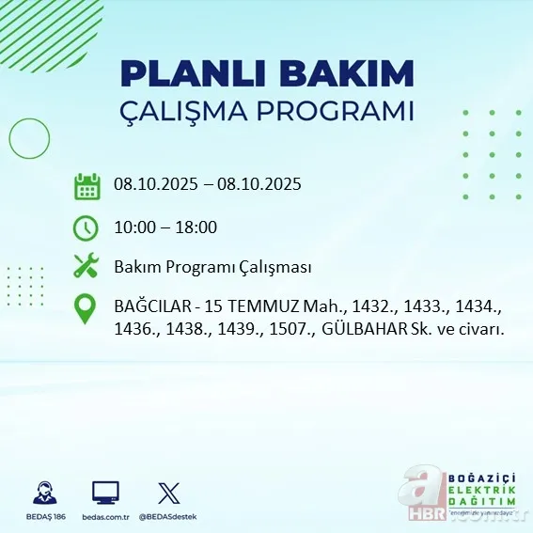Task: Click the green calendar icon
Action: pyautogui.click(x=86, y=186)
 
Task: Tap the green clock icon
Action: pyautogui.click(x=86, y=227)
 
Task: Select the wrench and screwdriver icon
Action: pyautogui.click(x=86, y=266)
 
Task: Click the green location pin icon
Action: pyautogui.click(x=86, y=309)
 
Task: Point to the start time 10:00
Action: pyautogui.click(x=133, y=227)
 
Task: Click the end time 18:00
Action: pyautogui.click(x=196, y=227)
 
